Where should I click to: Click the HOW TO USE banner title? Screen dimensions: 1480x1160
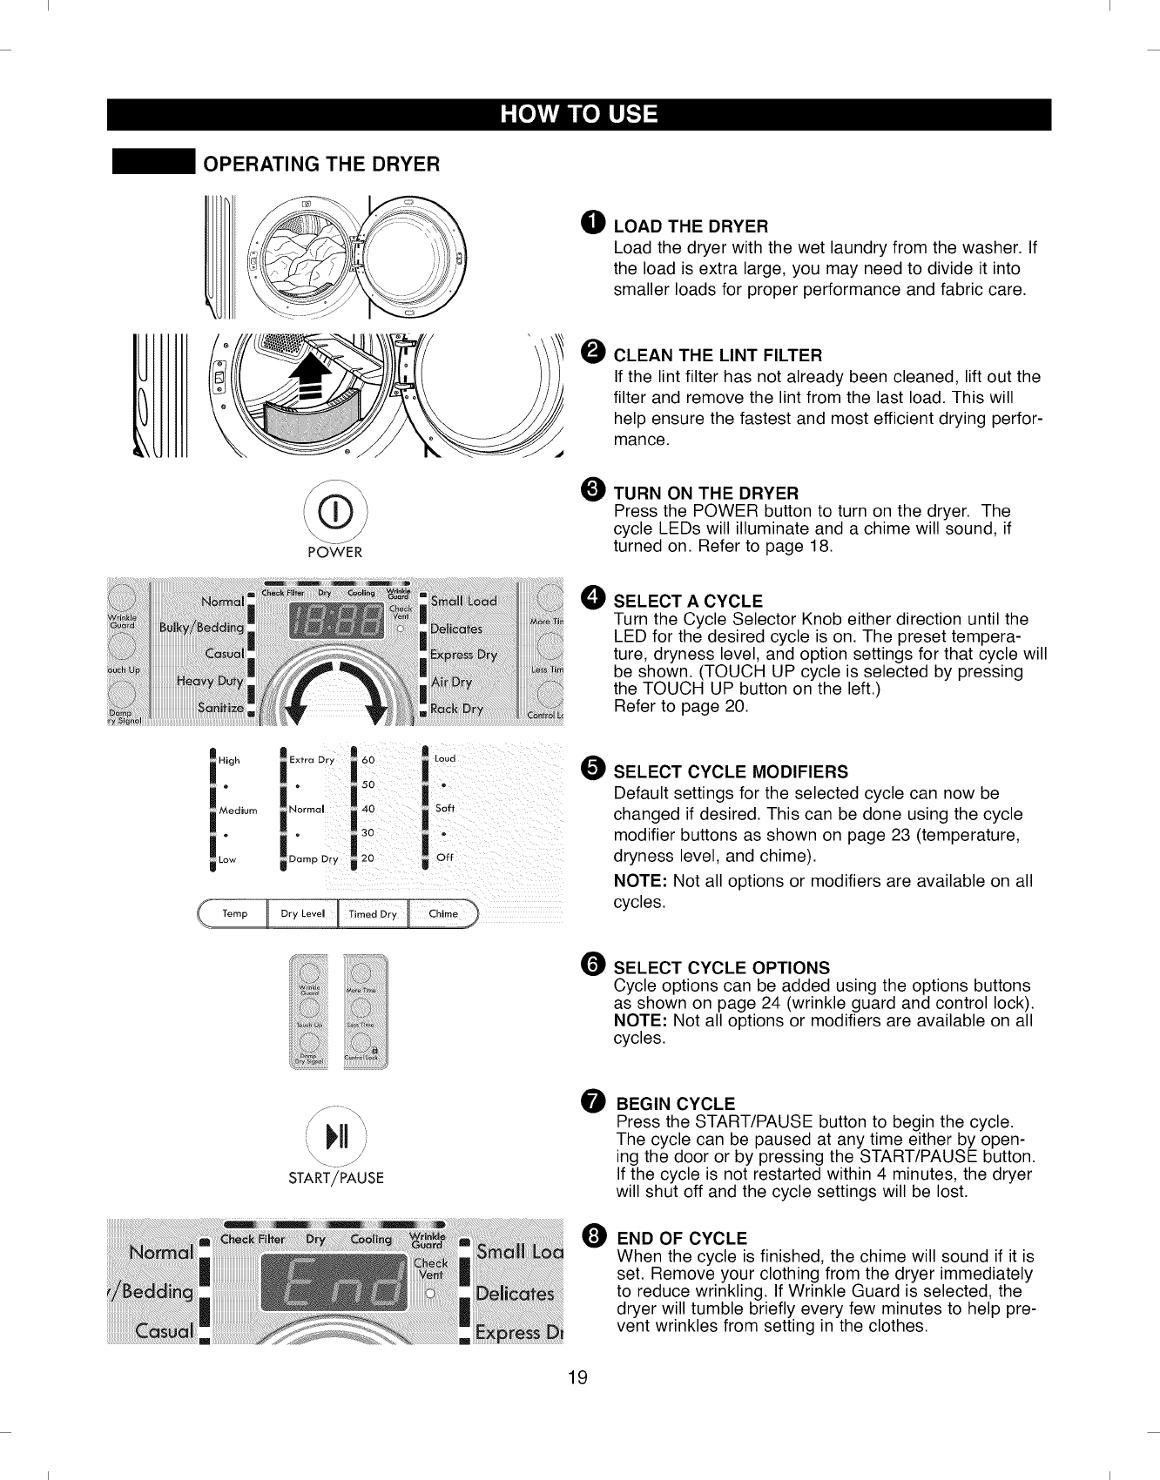pos(579,115)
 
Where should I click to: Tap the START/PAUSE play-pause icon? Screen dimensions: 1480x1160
pos(336,1137)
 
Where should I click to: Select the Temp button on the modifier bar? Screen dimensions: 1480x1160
pos(234,913)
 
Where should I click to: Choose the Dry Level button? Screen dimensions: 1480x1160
pos(302,913)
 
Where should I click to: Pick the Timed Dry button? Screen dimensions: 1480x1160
pos(372,914)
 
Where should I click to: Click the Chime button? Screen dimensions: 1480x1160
pos(442,913)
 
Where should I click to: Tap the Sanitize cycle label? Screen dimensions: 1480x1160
pos(219,707)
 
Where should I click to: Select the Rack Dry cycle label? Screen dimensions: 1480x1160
pos(456,709)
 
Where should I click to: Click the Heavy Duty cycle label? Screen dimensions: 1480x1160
pos(209,681)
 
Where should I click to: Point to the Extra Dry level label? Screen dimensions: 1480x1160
pos(312,759)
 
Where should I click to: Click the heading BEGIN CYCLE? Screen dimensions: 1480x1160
pos(676,1104)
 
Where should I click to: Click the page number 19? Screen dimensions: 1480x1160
pos(578,1377)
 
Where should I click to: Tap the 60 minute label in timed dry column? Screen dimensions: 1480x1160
pos(368,759)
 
